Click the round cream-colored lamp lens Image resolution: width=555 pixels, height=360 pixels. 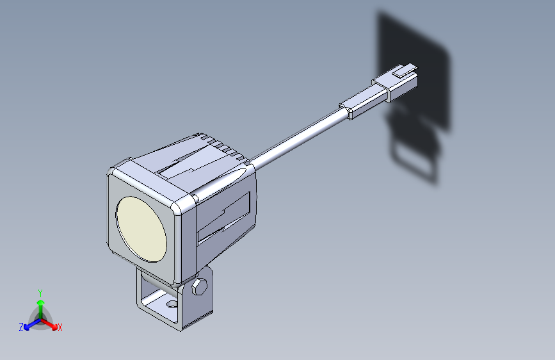click(141, 229)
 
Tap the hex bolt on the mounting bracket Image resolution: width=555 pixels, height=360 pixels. click(199, 288)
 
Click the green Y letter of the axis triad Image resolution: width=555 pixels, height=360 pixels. click(40, 292)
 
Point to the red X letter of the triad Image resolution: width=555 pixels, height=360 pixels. click(60, 327)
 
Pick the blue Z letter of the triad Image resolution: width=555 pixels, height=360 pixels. click(21, 327)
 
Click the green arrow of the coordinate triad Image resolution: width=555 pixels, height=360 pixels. click(40, 304)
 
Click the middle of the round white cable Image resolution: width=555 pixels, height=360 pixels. click(298, 137)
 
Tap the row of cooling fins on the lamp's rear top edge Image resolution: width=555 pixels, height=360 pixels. click(221, 145)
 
